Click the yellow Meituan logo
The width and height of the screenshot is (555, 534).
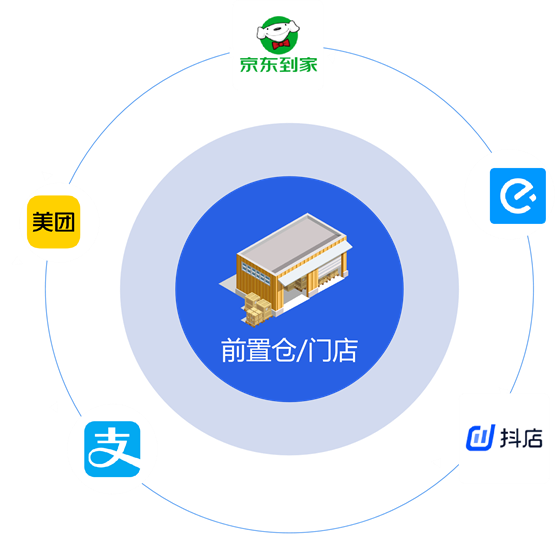click(x=53, y=222)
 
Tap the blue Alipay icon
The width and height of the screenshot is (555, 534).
click(x=112, y=449)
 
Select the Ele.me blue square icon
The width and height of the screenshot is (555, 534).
click(x=518, y=196)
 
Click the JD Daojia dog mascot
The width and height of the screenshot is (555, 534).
click(x=278, y=34)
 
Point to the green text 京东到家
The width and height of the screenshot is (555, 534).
click(x=279, y=65)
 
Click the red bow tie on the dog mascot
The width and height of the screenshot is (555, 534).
click(x=281, y=44)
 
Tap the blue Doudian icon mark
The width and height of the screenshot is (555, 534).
click(x=480, y=438)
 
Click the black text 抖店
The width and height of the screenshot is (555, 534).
click(x=521, y=438)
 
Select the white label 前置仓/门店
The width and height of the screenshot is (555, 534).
click(x=290, y=350)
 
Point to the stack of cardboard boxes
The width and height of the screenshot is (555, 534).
click(x=258, y=308)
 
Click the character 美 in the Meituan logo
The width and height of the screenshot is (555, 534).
click(x=42, y=222)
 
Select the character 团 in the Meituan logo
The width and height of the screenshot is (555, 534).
click(x=64, y=222)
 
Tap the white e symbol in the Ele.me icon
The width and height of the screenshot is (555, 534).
click(x=518, y=196)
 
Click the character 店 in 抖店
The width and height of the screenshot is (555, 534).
click(x=532, y=438)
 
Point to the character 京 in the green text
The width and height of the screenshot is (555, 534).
click(x=249, y=65)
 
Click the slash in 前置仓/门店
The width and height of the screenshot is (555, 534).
click(x=302, y=350)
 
